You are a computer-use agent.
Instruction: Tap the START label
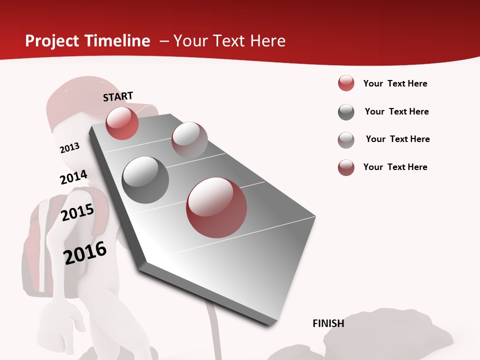[x=118, y=96]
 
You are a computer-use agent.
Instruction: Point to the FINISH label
[x=328, y=323]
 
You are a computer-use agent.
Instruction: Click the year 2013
[x=69, y=148]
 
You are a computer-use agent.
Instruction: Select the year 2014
[x=73, y=177]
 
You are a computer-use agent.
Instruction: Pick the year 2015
[x=77, y=212]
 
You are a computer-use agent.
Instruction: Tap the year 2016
[x=85, y=253]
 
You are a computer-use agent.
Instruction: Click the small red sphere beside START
[x=122, y=123]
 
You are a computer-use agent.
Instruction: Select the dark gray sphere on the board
[x=145, y=180]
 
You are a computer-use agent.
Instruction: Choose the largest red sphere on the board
[x=216, y=207]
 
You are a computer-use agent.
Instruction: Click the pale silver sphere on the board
[x=189, y=139]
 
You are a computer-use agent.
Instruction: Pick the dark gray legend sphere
[x=346, y=112]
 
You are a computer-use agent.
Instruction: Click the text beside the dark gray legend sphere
[x=396, y=111]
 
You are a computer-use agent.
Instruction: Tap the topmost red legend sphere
[x=346, y=83]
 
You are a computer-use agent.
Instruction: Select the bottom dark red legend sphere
[x=346, y=167]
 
